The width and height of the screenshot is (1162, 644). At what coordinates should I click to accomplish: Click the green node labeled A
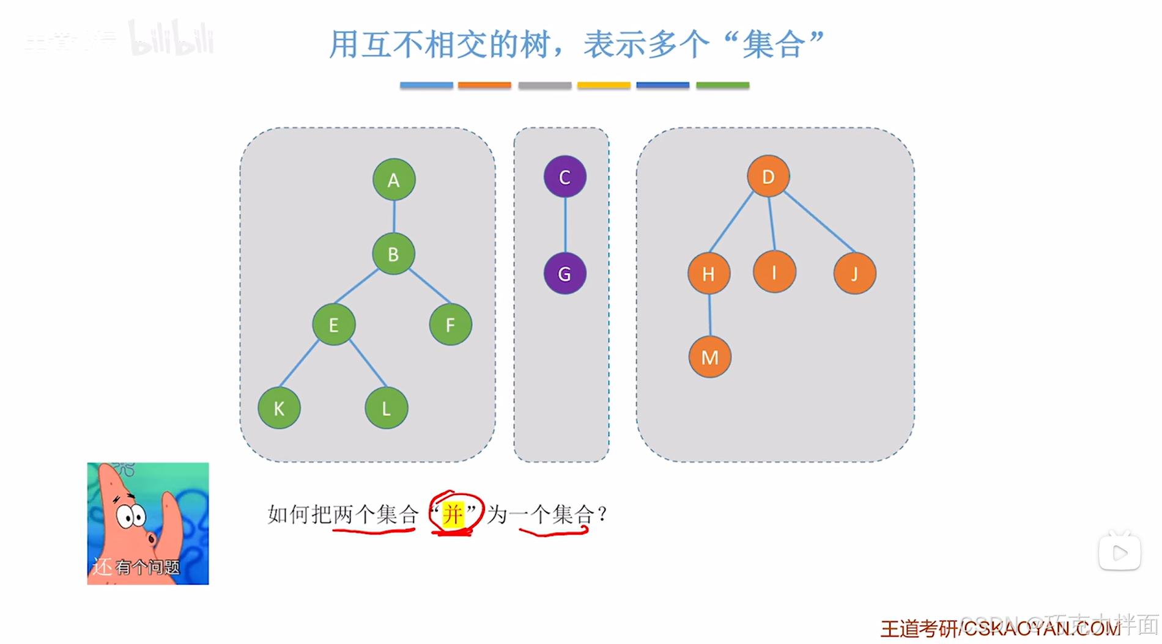tap(394, 180)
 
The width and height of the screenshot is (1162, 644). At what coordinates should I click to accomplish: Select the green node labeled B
tap(393, 254)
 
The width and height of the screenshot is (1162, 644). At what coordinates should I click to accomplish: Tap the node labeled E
tap(333, 324)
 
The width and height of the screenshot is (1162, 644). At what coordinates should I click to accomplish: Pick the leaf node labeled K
tap(279, 408)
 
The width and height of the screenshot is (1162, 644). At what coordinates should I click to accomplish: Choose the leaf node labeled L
tap(386, 408)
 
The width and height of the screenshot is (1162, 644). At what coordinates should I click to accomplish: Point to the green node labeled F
tap(450, 324)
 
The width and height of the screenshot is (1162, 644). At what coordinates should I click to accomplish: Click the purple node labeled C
tap(564, 177)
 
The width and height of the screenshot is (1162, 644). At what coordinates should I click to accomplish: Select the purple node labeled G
tap(564, 274)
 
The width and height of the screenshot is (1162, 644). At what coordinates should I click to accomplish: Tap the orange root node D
tap(768, 177)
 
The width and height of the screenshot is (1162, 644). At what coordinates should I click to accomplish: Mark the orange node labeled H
tap(708, 274)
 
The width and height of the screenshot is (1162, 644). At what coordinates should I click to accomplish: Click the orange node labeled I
tap(774, 272)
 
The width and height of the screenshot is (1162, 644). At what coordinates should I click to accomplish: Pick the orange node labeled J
tap(854, 274)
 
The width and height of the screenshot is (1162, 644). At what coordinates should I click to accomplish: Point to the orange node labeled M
tap(709, 357)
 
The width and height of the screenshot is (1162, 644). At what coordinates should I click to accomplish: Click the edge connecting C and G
tap(565, 225)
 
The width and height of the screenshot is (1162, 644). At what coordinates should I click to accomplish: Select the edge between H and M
tap(709, 315)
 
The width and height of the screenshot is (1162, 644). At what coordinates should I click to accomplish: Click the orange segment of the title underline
tap(484, 86)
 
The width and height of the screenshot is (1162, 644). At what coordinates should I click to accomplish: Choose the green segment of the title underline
tap(722, 86)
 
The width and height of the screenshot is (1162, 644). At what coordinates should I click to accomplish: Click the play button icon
tap(1120, 553)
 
